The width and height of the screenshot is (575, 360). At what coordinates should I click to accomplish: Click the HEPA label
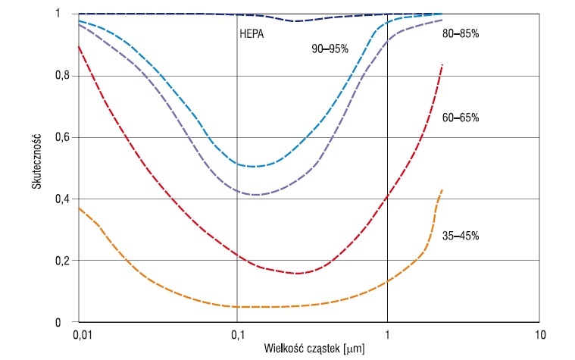(252, 34)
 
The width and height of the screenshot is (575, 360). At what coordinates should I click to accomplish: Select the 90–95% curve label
(330, 49)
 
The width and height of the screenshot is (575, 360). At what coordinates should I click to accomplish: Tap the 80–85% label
(461, 34)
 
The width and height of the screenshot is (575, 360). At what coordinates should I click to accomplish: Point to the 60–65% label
(461, 117)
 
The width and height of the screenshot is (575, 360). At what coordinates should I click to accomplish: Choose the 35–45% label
(461, 236)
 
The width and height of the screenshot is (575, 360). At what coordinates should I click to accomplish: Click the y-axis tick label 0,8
(63, 75)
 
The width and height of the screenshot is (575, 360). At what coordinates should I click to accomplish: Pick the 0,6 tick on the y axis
(63, 137)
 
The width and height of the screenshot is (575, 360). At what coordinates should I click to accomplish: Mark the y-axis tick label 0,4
(63, 199)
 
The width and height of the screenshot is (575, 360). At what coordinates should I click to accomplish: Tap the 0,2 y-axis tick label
(63, 260)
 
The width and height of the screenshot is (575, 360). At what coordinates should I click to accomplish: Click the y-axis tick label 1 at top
(58, 14)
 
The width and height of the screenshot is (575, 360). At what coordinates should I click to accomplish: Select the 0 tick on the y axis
(58, 323)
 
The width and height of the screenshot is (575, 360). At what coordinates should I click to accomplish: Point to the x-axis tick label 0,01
(81, 335)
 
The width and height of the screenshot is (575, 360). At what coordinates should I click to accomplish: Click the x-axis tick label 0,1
(238, 335)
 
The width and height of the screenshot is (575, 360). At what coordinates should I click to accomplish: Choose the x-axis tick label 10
(540, 335)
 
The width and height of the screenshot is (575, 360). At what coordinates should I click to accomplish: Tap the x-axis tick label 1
(387, 335)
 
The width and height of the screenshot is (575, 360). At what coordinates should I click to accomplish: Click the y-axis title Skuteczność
(36, 162)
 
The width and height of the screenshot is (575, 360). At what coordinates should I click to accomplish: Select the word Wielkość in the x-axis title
(283, 348)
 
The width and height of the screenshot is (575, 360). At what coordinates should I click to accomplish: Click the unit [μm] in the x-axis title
(354, 349)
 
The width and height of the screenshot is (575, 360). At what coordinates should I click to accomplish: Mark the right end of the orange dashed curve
(442, 189)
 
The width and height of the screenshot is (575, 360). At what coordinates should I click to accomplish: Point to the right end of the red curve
(443, 64)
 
